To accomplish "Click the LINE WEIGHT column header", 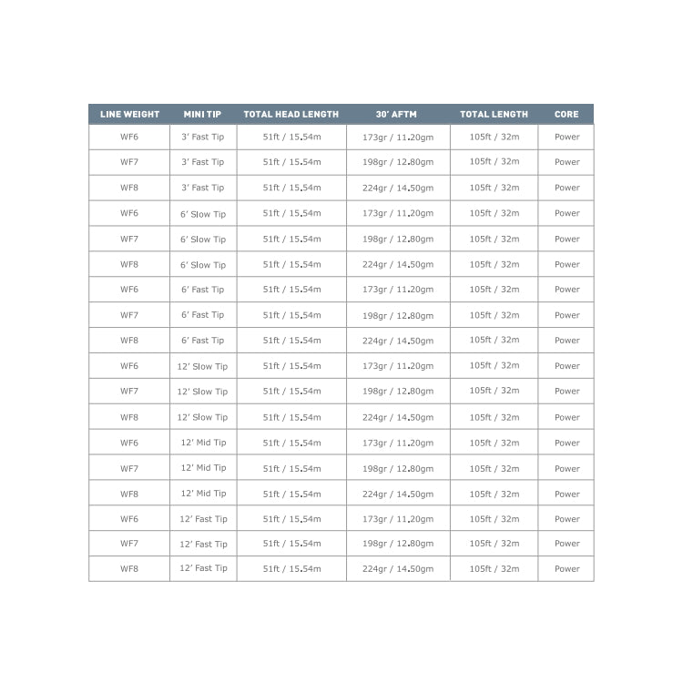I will (129, 115).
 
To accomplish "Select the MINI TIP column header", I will (203, 115).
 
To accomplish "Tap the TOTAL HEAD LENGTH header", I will (291, 115).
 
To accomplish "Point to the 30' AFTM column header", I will (398, 115).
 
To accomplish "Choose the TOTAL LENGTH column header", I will (494, 115).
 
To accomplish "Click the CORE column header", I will (566, 115).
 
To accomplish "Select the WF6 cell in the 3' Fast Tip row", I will (129, 137).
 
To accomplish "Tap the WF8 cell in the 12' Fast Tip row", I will (129, 568).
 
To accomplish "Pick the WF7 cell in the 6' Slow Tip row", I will (129, 239).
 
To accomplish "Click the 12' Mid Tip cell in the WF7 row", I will (203, 468).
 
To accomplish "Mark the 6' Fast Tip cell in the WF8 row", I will (203, 341).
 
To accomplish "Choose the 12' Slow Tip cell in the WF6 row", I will (203, 366).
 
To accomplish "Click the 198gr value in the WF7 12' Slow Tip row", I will (398, 392).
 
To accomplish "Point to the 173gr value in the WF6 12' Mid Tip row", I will (398, 443).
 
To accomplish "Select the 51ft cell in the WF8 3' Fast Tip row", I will (291, 188).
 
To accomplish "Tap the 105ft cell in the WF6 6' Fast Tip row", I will (494, 290).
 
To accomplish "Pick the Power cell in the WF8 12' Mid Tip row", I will (566, 494).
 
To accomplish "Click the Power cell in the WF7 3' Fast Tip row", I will (566, 162).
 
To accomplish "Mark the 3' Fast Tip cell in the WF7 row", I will (203, 162).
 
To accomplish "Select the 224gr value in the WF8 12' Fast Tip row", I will (398, 568).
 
